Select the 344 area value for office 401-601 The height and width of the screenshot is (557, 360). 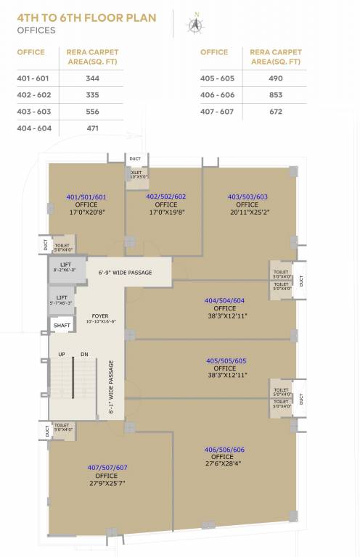click(x=92, y=78)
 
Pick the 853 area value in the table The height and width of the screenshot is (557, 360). click(x=275, y=94)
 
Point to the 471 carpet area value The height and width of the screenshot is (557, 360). click(x=92, y=128)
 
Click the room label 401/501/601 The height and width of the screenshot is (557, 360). click(x=86, y=197)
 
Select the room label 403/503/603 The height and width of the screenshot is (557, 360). click(x=247, y=197)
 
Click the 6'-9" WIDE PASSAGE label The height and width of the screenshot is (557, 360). click(x=125, y=273)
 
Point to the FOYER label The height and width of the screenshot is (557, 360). click(x=100, y=315)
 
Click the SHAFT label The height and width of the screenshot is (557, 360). click(x=62, y=326)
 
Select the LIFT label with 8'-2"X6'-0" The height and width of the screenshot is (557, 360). click(x=65, y=265)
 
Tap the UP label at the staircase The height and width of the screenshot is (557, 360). click(x=62, y=354)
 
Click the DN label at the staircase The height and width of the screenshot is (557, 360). click(x=85, y=354)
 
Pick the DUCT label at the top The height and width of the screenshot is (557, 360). click(x=135, y=158)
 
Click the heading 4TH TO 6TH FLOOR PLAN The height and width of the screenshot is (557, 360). click(x=86, y=17)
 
